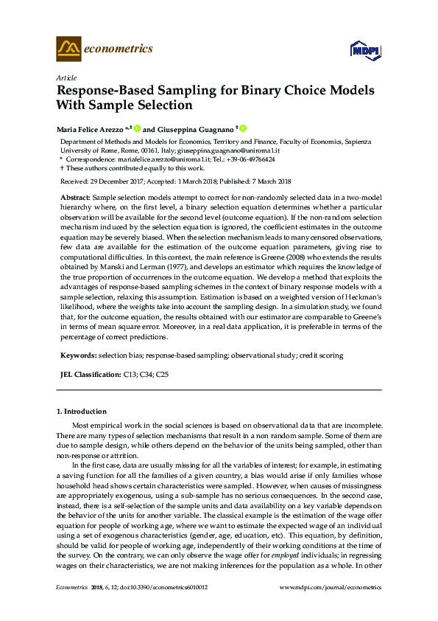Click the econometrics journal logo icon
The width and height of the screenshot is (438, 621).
coord(68,49)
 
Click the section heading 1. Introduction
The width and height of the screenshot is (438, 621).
coord(81,411)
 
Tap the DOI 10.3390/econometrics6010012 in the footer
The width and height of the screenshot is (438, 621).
coord(163,587)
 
